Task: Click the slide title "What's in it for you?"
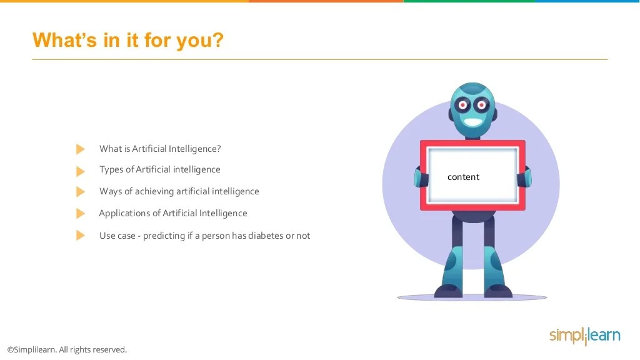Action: (127, 40)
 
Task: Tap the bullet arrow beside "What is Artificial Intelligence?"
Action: (80, 149)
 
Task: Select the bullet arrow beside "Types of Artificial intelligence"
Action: (80, 171)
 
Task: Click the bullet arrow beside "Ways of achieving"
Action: (80, 191)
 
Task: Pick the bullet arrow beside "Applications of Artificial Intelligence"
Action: (80, 213)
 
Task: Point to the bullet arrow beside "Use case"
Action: (80, 236)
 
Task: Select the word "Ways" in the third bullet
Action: (110, 191)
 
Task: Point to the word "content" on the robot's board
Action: (463, 177)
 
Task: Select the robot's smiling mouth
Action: (473, 122)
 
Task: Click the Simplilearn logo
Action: (584, 336)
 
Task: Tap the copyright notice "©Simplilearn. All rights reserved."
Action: (67, 349)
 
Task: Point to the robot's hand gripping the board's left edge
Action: (419, 177)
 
